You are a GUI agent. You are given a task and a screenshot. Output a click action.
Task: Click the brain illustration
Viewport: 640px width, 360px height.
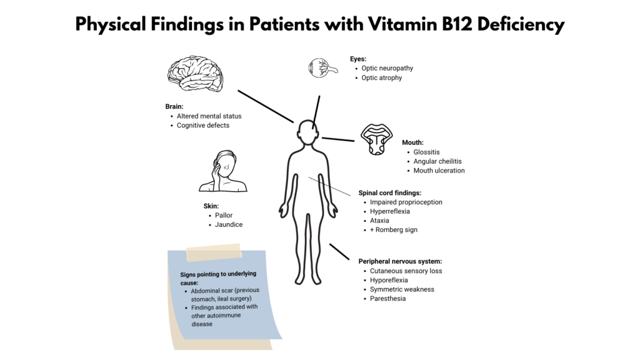pyautogui.click(x=196, y=74)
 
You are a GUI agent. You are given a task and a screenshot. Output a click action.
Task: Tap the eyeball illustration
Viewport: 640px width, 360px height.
pyautogui.click(x=322, y=68)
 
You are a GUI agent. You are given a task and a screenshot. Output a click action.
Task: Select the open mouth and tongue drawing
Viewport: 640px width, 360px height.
pyautogui.click(x=376, y=139)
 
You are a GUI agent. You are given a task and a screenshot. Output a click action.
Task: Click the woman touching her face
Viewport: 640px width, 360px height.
pyautogui.click(x=223, y=171)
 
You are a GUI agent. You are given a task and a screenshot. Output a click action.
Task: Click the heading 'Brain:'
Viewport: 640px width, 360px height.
pyautogui.click(x=174, y=106)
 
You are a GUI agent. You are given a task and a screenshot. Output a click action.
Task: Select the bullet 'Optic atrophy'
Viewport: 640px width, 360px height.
pyautogui.click(x=382, y=77)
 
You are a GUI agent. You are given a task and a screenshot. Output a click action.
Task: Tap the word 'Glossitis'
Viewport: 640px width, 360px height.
pyautogui.click(x=426, y=152)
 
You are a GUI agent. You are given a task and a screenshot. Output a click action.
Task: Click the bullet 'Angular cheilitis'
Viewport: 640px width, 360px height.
pyautogui.click(x=437, y=161)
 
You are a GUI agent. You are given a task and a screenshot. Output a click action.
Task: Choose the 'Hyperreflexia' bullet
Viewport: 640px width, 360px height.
pyautogui.click(x=390, y=211)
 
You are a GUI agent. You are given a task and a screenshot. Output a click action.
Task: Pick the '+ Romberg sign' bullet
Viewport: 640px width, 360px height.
pyautogui.click(x=394, y=230)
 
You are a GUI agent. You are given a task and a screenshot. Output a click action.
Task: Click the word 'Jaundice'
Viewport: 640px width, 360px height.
pyautogui.click(x=229, y=224)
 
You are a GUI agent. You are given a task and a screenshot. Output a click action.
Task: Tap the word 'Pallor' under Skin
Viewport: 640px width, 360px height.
pyautogui.click(x=224, y=215)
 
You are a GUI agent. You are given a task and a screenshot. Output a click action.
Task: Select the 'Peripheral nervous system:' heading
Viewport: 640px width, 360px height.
pyautogui.click(x=400, y=261)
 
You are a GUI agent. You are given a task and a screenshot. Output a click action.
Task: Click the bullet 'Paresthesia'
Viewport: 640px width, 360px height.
pyautogui.click(x=387, y=298)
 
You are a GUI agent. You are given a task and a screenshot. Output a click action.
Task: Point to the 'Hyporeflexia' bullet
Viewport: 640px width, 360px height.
pyautogui.click(x=389, y=280)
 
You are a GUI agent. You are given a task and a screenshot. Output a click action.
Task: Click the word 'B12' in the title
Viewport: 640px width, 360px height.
pyautogui.click(x=457, y=24)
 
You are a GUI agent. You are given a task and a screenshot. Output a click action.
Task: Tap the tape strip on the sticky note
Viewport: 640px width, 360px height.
pyautogui.click(x=214, y=252)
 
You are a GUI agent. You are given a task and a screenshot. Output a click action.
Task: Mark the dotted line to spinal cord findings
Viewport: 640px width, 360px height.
pyautogui.click(x=329, y=186)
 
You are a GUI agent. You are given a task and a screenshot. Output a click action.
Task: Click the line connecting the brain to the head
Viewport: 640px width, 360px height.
pyautogui.click(x=265, y=106)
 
